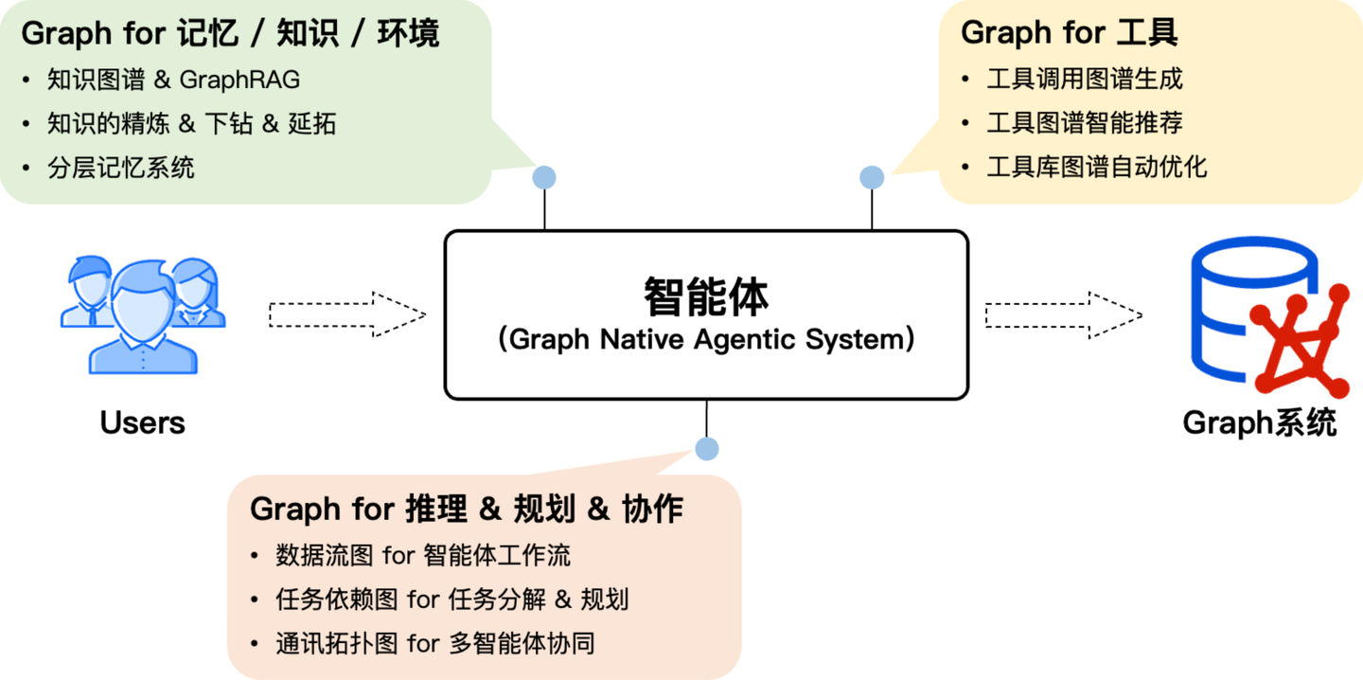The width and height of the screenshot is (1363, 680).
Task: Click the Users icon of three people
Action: (143, 315)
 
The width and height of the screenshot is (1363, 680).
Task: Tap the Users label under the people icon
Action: (142, 422)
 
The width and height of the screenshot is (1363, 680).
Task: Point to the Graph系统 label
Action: (1259, 422)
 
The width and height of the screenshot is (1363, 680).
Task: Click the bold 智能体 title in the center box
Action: (706, 296)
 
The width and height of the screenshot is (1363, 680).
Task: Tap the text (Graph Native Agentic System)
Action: (706, 339)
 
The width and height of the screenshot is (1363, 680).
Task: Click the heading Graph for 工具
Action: (1069, 33)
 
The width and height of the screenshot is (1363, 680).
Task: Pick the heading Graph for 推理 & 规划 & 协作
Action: (466, 509)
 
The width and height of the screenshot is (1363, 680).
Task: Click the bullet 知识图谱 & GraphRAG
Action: (173, 80)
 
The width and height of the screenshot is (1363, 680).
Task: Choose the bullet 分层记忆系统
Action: (120, 169)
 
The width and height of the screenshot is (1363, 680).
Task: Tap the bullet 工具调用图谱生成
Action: (1084, 79)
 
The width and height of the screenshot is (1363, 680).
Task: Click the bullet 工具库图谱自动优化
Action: (1096, 168)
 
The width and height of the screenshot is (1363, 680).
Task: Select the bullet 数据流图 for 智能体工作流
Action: (422, 555)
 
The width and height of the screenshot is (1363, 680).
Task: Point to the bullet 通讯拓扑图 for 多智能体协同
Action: (434, 644)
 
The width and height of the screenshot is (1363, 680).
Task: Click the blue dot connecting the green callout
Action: (544, 177)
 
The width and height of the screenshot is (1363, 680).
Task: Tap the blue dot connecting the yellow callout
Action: (872, 177)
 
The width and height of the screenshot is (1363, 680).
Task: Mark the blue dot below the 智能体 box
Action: (706, 449)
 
